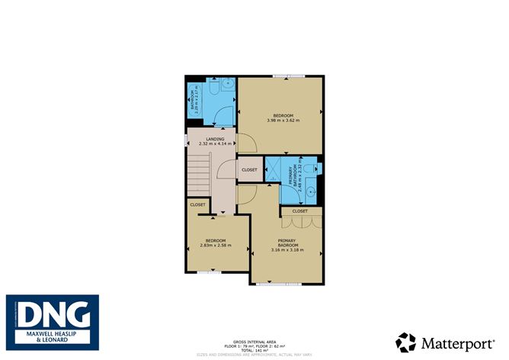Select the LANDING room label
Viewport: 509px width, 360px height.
pos(215,139)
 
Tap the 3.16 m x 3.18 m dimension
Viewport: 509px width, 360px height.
pos(290,249)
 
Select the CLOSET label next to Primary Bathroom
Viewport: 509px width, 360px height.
pos(249,169)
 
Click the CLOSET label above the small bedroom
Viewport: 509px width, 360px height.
pos(198,204)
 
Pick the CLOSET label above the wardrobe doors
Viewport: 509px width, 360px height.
pos(299,211)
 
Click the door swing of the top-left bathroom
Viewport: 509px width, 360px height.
pos(222,115)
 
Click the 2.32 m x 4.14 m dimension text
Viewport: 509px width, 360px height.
pos(215,143)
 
